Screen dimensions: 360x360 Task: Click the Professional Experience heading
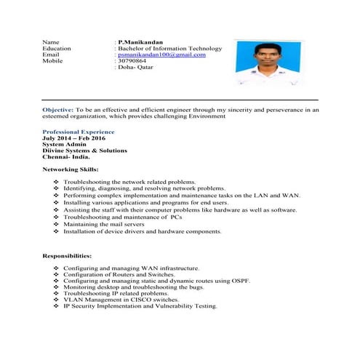79,132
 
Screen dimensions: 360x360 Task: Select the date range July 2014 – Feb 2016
73,137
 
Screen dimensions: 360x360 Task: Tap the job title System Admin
63,144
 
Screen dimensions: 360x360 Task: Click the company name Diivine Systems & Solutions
85,151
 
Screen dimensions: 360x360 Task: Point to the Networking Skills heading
71,169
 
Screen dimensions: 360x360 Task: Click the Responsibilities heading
67,256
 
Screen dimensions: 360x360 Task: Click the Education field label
57,49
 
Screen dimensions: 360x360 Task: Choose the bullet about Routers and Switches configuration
119,275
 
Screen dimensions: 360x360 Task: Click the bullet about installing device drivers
142,231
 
